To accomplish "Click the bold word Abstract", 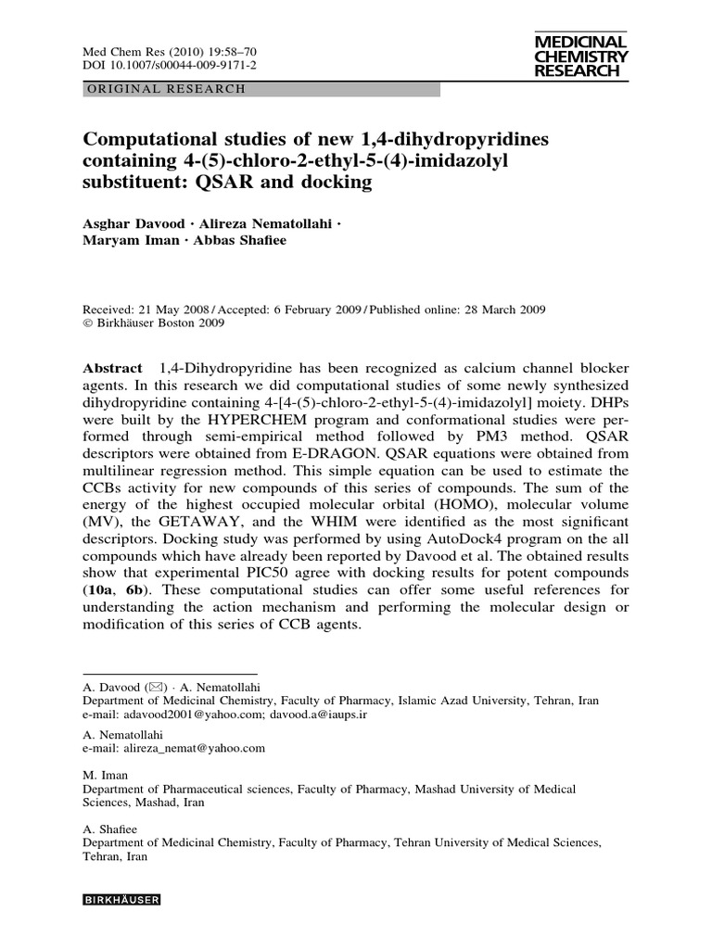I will tap(112, 369).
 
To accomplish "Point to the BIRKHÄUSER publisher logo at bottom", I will tap(122, 899).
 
